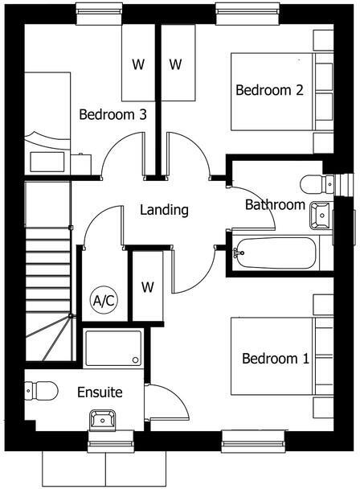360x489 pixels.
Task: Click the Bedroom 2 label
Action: tap(269, 90)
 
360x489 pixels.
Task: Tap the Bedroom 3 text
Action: tap(112, 115)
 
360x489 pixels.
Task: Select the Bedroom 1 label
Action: tap(276, 358)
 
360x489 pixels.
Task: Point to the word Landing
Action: tap(164, 210)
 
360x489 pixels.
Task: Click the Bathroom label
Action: tap(275, 204)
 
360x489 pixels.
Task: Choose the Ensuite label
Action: tap(100, 392)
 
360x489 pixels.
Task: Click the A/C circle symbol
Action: tap(104, 301)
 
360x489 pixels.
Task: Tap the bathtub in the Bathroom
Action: tap(274, 252)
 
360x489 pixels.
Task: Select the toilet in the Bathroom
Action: tap(316, 183)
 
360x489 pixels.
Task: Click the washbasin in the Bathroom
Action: tap(320, 215)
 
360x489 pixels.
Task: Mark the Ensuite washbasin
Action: tap(103, 418)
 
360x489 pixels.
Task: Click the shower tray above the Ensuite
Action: tap(112, 347)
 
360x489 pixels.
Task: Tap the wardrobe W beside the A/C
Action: tap(148, 286)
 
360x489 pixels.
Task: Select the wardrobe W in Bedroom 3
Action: tap(138, 64)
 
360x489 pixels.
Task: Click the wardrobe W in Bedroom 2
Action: tap(176, 64)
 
